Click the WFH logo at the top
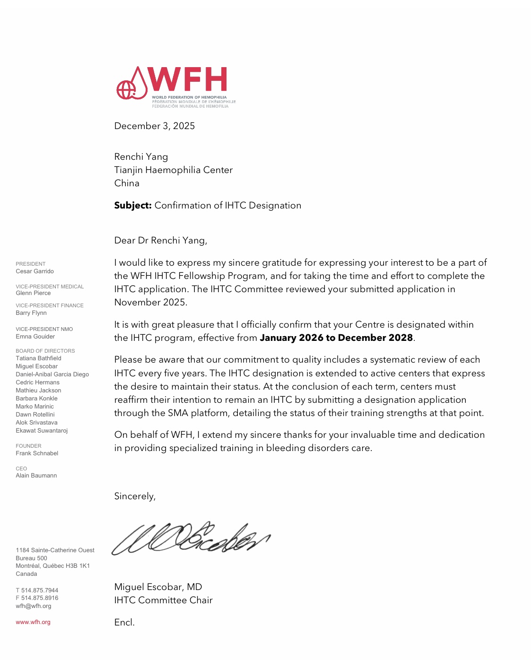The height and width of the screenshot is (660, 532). click(x=175, y=87)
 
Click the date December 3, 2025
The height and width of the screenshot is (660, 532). click(x=155, y=126)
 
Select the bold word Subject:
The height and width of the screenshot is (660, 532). click(x=133, y=205)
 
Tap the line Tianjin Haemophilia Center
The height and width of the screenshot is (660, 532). click(x=174, y=170)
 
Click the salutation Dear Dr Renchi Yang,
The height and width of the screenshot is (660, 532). click(x=161, y=240)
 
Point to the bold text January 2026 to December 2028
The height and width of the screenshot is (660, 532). click(x=336, y=338)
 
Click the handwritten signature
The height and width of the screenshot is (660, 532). click(x=191, y=538)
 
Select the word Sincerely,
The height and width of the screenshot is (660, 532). click(x=135, y=496)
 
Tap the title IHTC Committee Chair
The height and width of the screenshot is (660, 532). click(x=163, y=600)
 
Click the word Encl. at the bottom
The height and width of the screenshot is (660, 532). click(x=124, y=622)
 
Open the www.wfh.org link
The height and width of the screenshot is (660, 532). click(x=33, y=622)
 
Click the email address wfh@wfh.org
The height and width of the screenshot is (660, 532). click(x=34, y=606)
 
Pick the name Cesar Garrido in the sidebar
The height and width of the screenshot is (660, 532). click(x=35, y=271)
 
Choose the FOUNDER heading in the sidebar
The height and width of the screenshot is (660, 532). click(x=28, y=446)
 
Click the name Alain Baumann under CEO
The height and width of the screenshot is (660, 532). click(x=36, y=476)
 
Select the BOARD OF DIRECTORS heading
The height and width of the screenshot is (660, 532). click(x=45, y=351)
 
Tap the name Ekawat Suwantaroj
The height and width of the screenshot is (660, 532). click(x=42, y=431)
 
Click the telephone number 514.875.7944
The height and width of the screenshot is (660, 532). click(x=40, y=591)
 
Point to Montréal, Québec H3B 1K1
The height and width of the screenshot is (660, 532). click(x=52, y=566)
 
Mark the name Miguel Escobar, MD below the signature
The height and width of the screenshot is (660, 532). click(x=158, y=587)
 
